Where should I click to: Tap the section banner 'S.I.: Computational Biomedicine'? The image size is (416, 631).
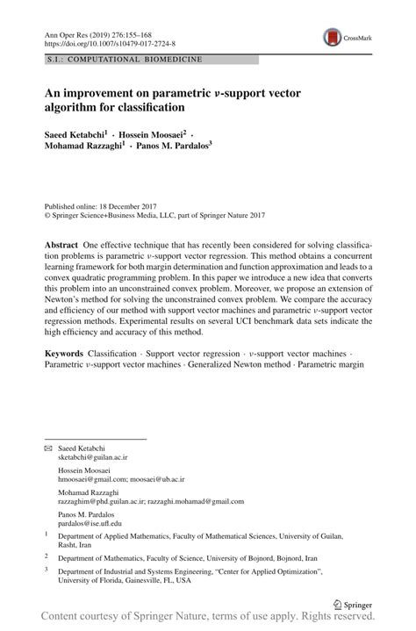point(124,60)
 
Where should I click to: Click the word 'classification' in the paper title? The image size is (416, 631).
point(146,108)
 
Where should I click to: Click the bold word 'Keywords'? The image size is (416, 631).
point(65,352)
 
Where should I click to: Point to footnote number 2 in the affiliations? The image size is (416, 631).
point(47,556)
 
